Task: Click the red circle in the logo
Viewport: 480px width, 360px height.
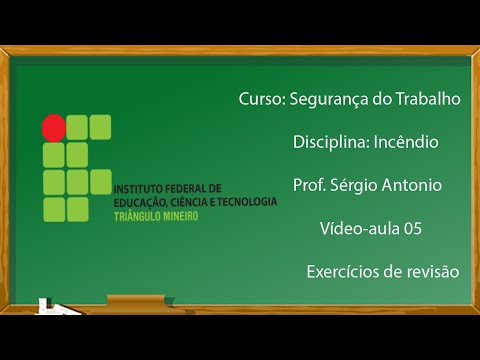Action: tap(53, 127)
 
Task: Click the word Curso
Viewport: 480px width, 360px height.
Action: tap(261, 99)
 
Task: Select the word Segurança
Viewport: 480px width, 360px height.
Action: tap(330, 99)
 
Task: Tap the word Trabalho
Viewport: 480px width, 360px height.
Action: tap(429, 99)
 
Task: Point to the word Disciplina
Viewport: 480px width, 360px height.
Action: tap(329, 142)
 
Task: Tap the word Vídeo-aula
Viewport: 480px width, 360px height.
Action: tap(358, 228)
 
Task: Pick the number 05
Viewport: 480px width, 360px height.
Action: tap(413, 228)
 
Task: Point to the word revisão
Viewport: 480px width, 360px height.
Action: tap(430, 271)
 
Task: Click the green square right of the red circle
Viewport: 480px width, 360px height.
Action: tap(78, 127)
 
